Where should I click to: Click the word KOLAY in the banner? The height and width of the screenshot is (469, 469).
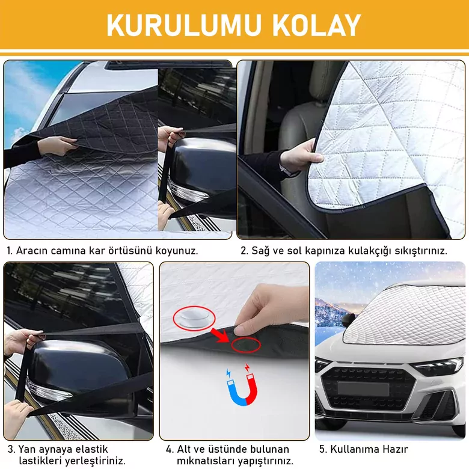click(x=316, y=25)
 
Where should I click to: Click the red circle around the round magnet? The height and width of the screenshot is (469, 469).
click(x=194, y=318)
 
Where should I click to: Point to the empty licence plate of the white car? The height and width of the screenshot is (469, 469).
click(x=363, y=389)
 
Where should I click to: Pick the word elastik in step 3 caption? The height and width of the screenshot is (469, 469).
click(x=91, y=449)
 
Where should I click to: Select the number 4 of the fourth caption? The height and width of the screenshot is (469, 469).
click(x=169, y=449)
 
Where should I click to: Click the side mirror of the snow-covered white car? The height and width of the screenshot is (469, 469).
click(x=349, y=320)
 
